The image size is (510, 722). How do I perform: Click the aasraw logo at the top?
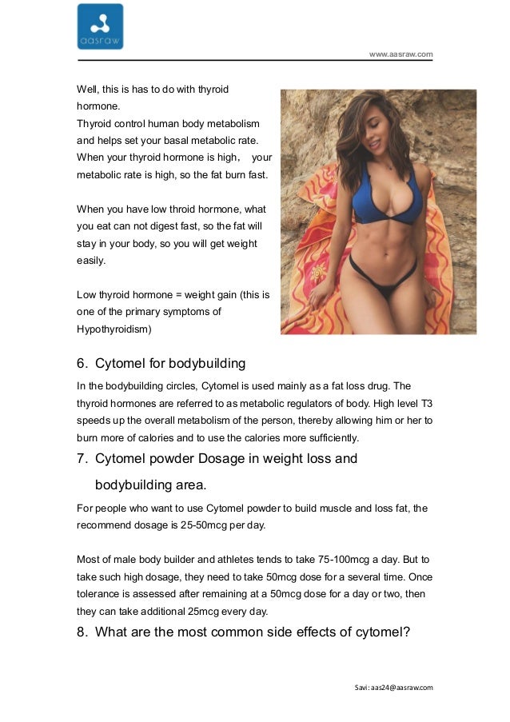(x=100, y=26)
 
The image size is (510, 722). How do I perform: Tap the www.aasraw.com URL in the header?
(x=400, y=54)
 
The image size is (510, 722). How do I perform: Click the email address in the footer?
(x=393, y=688)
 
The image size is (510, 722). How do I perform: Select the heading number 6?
(x=82, y=364)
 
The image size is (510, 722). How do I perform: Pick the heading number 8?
(x=82, y=632)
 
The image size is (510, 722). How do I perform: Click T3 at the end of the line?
(x=426, y=403)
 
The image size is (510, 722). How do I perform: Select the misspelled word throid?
(x=181, y=209)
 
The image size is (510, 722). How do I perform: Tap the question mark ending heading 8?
(x=407, y=632)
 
